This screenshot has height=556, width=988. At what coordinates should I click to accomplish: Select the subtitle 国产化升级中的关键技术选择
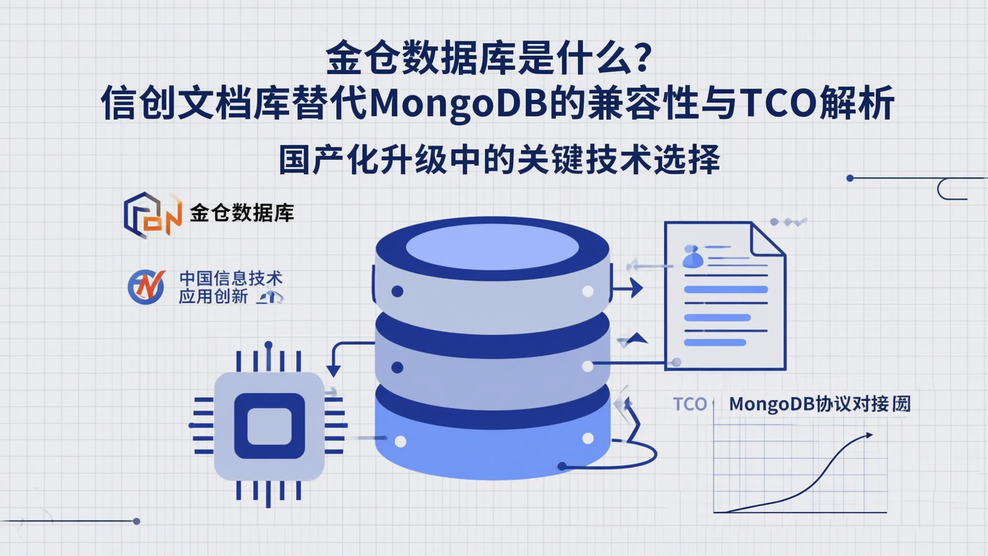point(499,160)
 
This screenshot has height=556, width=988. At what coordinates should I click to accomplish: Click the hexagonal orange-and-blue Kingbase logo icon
point(152,214)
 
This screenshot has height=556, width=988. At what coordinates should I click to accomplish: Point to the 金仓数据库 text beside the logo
point(242,213)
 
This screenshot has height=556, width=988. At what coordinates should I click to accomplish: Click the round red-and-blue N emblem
point(146,287)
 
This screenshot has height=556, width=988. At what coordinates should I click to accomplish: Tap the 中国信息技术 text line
point(231,279)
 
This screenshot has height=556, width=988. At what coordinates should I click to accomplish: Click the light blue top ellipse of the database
point(492,246)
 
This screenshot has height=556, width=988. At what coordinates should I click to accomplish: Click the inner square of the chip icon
point(269,426)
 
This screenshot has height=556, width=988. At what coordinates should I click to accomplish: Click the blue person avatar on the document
point(693,257)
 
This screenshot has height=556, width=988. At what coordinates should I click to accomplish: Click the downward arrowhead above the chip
point(334,371)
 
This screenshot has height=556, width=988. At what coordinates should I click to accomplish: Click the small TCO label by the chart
point(690,404)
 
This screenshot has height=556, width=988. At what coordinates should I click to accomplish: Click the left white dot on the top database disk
point(397,292)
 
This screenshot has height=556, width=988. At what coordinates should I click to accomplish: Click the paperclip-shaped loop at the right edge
point(950,189)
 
